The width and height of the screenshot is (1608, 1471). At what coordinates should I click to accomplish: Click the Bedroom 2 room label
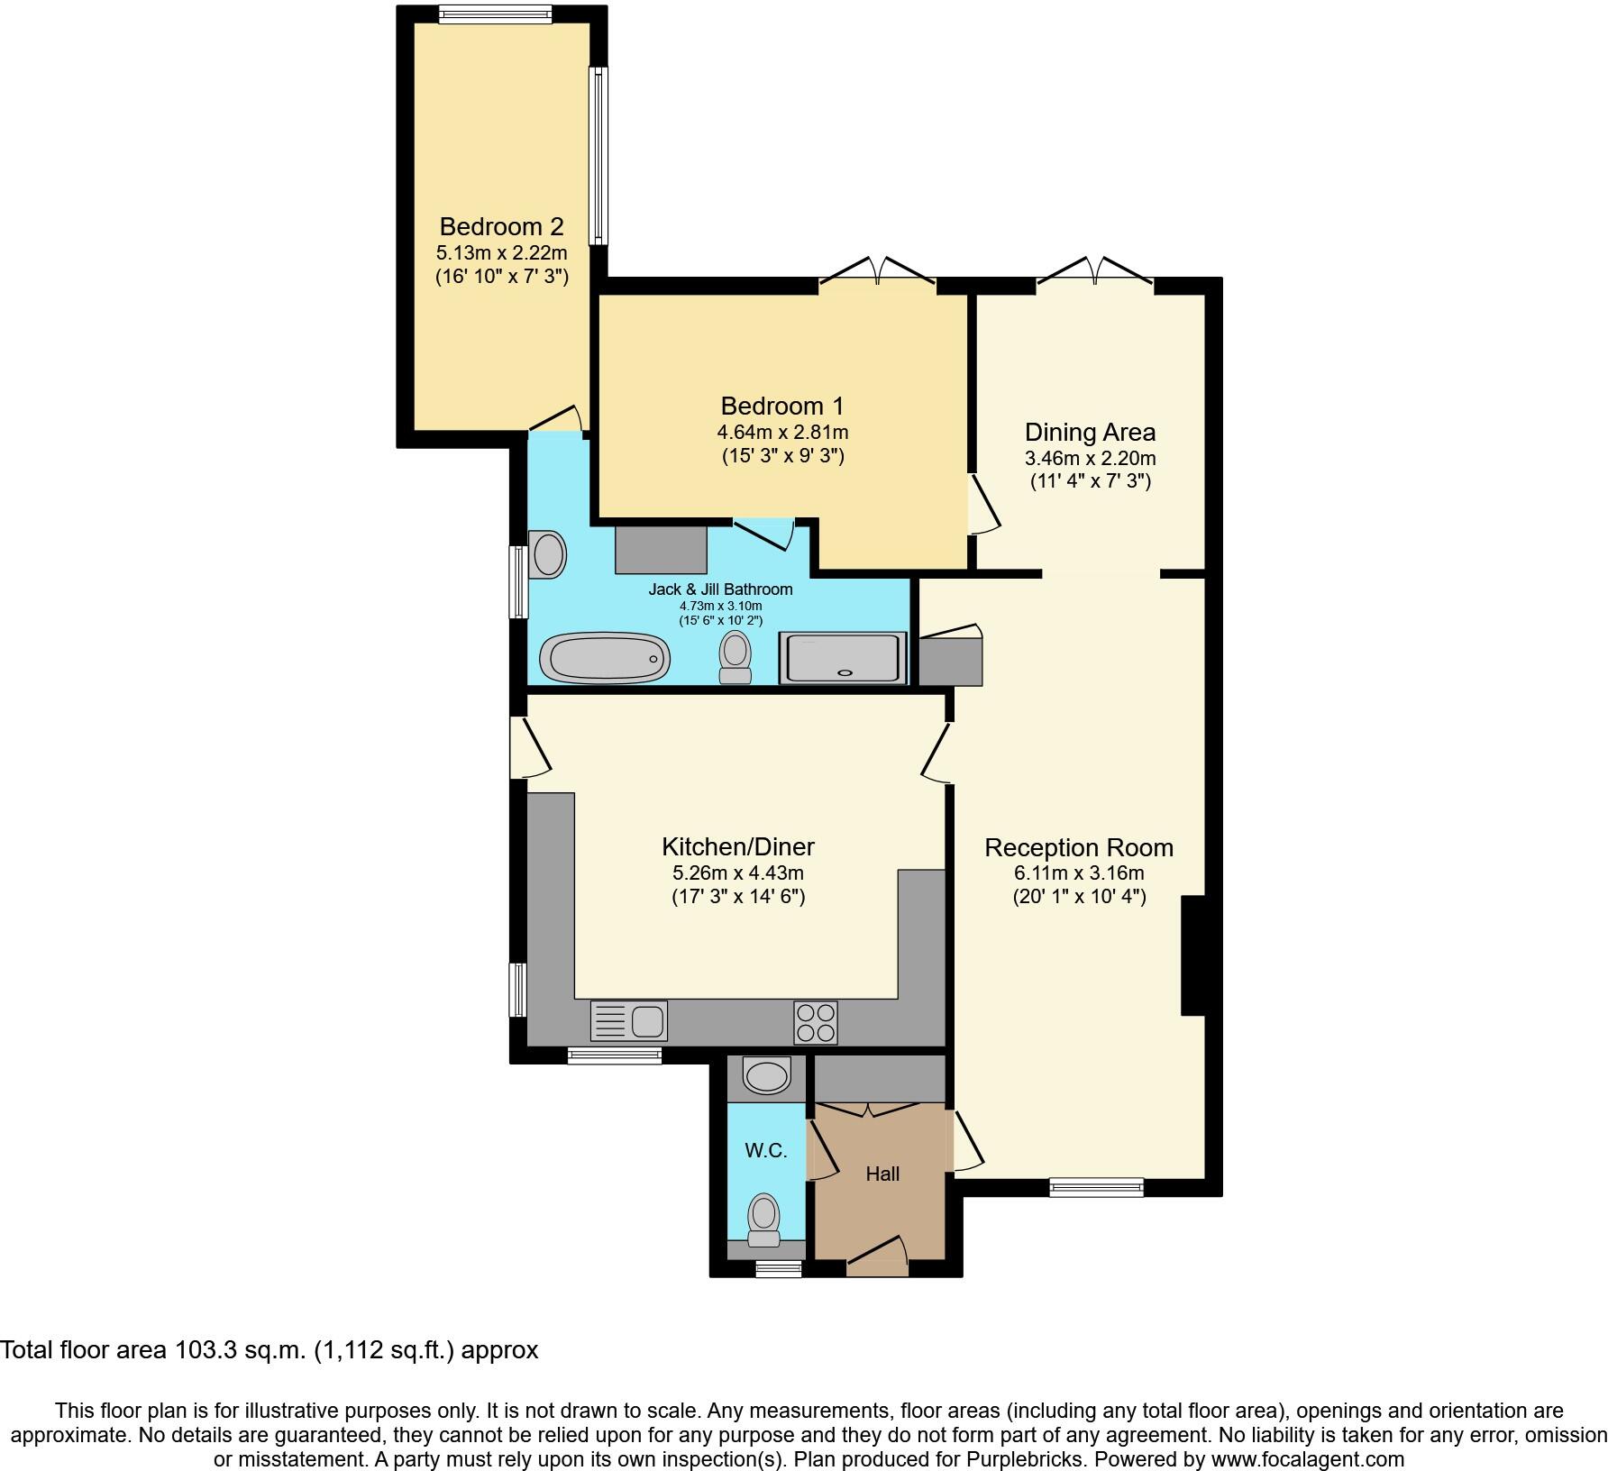(x=501, y=226)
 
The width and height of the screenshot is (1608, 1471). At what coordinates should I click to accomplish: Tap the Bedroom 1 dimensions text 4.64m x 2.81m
(x=782, y=432)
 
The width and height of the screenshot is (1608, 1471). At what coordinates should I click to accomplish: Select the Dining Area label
(x=1090, y=432)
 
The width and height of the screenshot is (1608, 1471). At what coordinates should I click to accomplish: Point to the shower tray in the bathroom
(x=843, y=658)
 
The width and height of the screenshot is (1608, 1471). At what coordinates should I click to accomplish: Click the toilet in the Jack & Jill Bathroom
(x=735, y=657)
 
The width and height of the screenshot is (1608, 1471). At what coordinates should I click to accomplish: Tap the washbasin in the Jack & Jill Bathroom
(x=548, y=554)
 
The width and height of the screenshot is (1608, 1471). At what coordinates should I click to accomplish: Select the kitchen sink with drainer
(x=629, y=1021)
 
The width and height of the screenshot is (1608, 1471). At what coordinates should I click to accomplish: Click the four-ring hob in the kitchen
(x=816, y=1022)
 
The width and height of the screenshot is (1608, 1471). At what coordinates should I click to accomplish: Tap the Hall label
(x=882, y=1174)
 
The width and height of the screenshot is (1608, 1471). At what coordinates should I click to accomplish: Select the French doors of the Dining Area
(x=1095, y=273)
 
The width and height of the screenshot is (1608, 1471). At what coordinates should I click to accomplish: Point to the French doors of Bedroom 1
(x=877, y=273)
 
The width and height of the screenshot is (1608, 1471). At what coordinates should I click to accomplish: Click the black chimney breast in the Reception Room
(x=1192, y=955)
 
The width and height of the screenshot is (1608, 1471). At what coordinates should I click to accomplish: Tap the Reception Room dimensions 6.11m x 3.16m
(x=1079, y=873)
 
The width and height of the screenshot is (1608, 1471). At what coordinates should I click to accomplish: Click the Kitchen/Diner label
(x=737, y=846)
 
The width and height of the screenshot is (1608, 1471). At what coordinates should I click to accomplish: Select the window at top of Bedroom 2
(x=495, y=14)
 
